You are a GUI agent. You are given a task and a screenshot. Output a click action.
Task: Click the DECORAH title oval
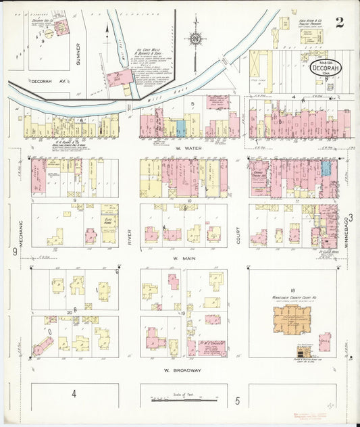click(x=326, y=68)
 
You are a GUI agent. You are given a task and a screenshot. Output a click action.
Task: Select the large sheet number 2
click(x=339, y=22)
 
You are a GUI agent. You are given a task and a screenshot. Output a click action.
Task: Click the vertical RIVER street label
click(x=129, y=238)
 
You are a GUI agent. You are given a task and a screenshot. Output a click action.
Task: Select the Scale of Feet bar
click(x=183, y=400)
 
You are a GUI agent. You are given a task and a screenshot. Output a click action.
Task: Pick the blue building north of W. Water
click(x=180, y=128)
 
